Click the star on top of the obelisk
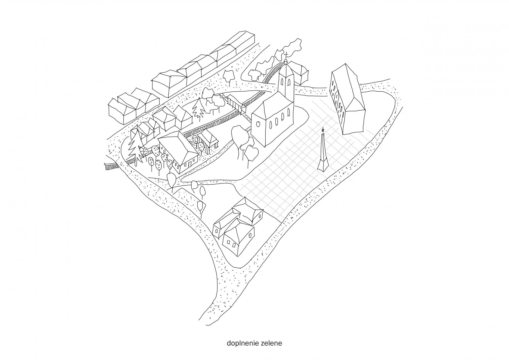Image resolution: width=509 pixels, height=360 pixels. [323, 130]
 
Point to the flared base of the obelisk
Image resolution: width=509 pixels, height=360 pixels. [323, 166]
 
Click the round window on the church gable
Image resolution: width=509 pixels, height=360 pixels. [257, 124]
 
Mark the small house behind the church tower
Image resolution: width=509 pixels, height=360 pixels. [299, 72]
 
